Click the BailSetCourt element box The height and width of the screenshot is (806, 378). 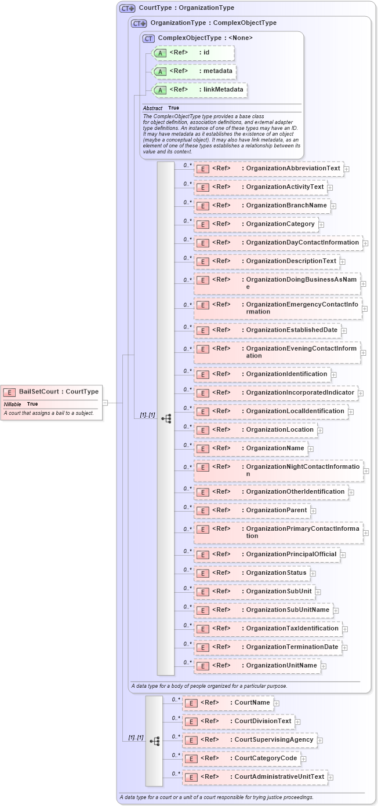click(52, 392)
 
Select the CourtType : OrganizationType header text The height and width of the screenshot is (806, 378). click(186, 8)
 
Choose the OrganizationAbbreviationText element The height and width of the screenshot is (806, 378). click(268, 169)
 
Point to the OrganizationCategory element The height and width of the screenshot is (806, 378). click(256, 224)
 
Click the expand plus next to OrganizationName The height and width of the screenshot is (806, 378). click(311, 448)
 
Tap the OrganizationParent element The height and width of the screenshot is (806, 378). click(252, 510)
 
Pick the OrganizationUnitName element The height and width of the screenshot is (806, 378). click(257, 666)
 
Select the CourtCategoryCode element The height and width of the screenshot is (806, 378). click(241, 758)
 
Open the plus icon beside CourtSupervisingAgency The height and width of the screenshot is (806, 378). click(320, 741)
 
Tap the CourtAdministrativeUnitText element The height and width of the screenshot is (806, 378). click(255, 777)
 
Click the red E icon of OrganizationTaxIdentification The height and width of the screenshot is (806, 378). click(202, 629)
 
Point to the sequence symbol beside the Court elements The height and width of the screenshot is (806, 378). click(154, 741)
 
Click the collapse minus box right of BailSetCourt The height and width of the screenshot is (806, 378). click(105, 402)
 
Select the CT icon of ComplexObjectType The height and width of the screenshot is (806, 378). click(148, 38)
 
